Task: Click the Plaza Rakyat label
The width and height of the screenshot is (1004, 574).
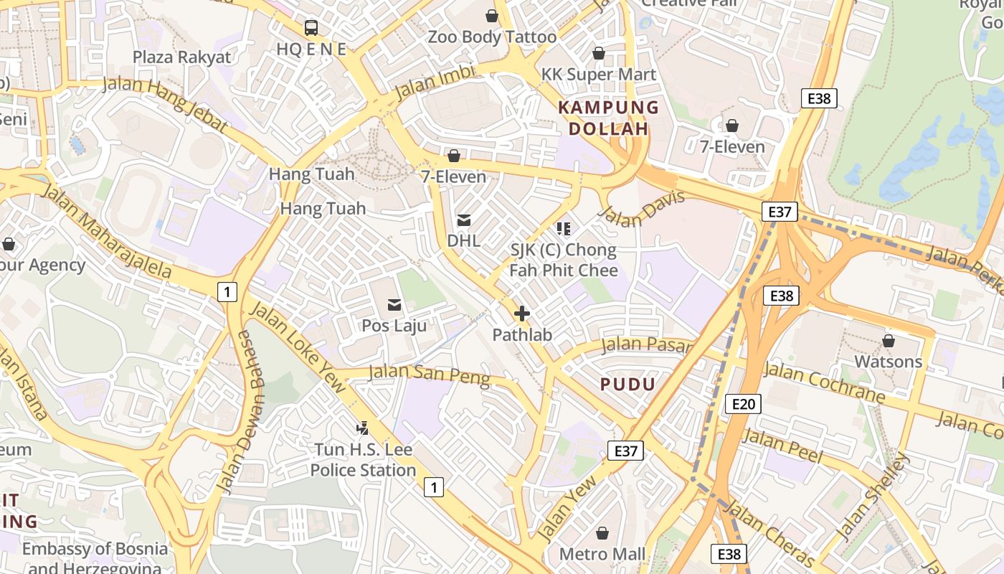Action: click(x=182, y=57)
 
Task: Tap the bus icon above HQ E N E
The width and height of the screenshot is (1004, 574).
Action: click(x=311, y=28)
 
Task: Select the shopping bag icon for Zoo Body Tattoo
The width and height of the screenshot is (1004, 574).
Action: click(x=492, y=16)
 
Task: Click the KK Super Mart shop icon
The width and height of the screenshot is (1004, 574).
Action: click(x=599, y=53)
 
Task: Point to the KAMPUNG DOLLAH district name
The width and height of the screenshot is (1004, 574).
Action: click(x=608, y=118)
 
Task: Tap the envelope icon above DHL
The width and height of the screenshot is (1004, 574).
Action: click(x=464, y=220)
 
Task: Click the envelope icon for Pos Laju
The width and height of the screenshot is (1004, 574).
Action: click(x=394, y=305)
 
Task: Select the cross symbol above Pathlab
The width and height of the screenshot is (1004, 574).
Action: click(x=522, y=314)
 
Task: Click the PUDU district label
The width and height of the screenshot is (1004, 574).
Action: click(x=627, y=385)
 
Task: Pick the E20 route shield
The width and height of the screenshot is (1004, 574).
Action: click(x=742, y=404)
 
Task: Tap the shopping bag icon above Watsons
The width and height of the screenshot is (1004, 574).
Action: click(x=889, y=341)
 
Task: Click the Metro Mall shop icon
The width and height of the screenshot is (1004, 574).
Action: click(x=602, y=533)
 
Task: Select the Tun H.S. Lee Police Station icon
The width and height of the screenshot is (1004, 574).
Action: click(x=363, y=428)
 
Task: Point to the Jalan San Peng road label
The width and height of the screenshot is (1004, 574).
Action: click(x=429, y=375)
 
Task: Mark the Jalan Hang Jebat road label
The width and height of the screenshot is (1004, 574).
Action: click(x=166, y=105)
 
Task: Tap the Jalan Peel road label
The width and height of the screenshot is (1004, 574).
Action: click(x=783, y=445)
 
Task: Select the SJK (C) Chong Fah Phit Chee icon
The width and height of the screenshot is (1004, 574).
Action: click(x=564, y=229)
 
